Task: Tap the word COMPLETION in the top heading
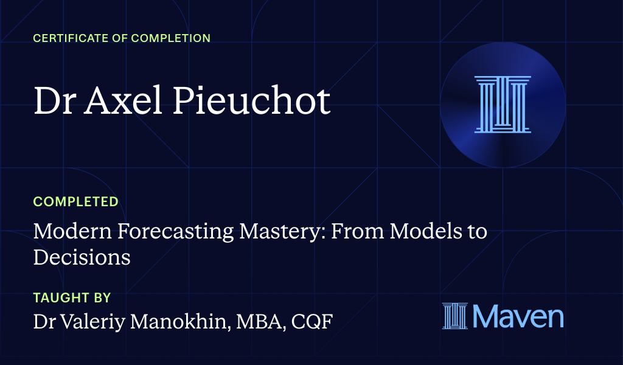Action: [169, 38]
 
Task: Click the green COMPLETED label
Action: [75, 202]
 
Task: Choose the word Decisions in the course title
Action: [82, 257]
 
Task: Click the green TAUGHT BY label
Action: [72, 298]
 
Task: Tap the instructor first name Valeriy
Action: [102, 322]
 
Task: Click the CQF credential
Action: [311, 321]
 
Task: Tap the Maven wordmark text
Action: [518, 316]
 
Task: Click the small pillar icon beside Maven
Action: [455, 316]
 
